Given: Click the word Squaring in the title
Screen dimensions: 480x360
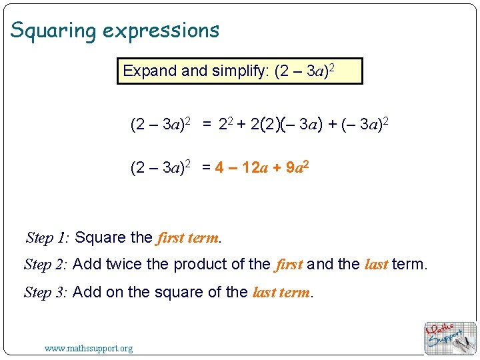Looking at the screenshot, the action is pyautogui.click(x=53, y=31).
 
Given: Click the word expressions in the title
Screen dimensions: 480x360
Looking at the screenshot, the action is pyautogui.click(x=161, y=31).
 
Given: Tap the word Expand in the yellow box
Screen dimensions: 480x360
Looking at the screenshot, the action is pyautogui.click(x=150, y=71).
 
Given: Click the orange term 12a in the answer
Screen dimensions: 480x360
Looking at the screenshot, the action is pyautogui.click(x=255, y=167).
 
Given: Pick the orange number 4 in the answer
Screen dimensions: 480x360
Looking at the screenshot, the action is pyautogui.click(x=219, y=167).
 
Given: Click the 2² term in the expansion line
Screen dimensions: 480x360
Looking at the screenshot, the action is pyautogui.click(x=226, y=124).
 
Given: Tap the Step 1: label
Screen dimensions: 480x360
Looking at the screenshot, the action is pyautogui.click(x=47, y=237).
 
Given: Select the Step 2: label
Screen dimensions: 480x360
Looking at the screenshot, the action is pyautogui.click(x=45, y=265).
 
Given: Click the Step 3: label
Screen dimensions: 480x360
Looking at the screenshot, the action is pyautogui.click(x=45, y=293).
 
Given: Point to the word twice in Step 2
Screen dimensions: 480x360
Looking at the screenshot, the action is pyautogui.click(x=124, y=264).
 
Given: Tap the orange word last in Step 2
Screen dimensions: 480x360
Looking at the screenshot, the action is pyautogui.click(x=376, y=264).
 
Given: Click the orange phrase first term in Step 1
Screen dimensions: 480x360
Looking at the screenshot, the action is pyautogui.click(x=187, y=238).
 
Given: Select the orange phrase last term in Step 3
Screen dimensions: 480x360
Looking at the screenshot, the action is pyautogui.click(x=281, y=293).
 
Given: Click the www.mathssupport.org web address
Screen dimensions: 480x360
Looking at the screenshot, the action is pyautogui.click(x=89, y=349).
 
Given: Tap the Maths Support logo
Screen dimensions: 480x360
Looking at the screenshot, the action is pyautogui.click(x=450, y=338).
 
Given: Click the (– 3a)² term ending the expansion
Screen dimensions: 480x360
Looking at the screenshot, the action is pyautogui.click(x=365, y=124).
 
